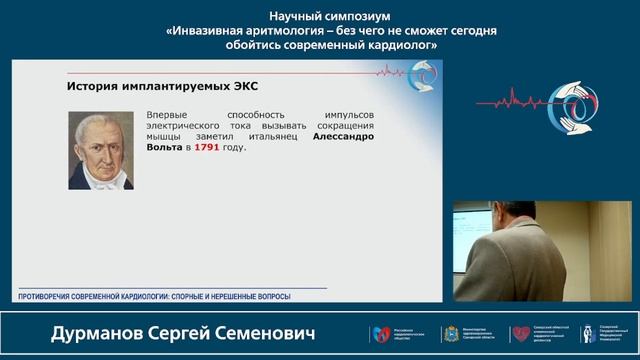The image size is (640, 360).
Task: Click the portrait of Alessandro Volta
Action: tap(101, 150)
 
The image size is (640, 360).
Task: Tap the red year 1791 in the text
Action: tap(207, 147)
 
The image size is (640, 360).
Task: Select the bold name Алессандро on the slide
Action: tap(342, 136)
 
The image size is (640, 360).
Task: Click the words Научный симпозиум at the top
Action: tap(319, 16)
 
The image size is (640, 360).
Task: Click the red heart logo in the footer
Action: tap(521, 334)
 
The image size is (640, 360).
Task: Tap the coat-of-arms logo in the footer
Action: tap(450, 334)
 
